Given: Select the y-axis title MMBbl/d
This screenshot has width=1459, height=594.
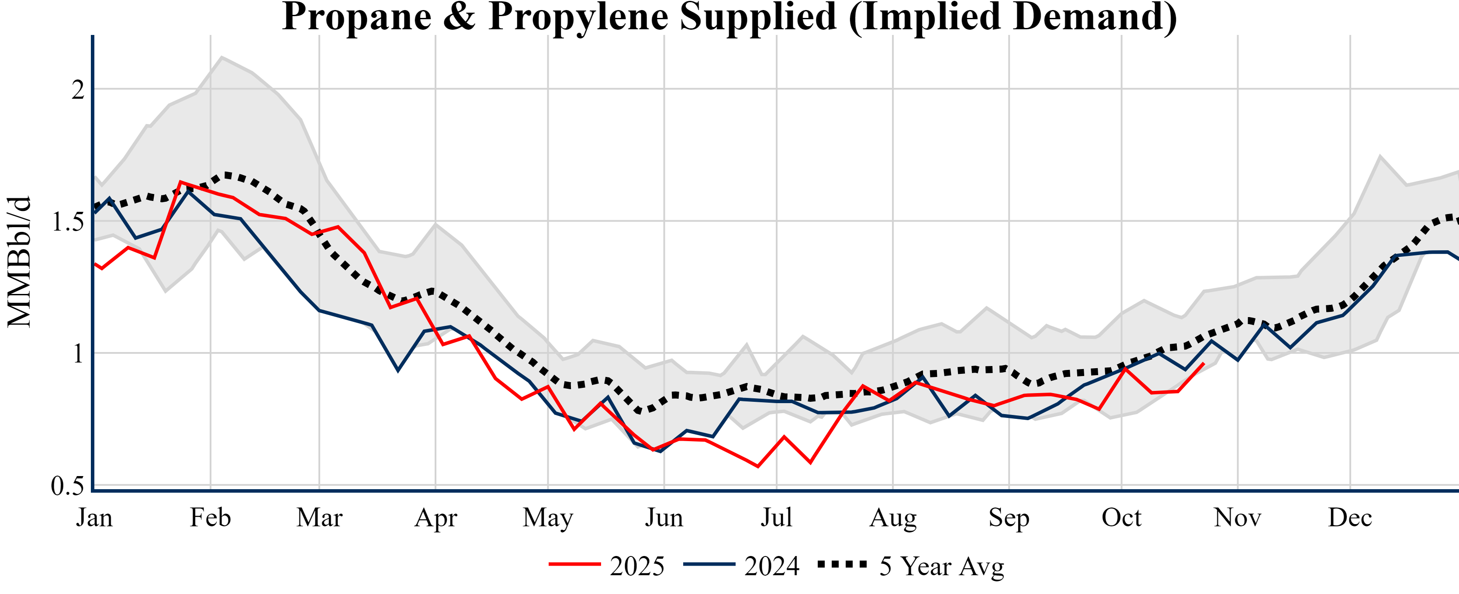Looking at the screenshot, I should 19,262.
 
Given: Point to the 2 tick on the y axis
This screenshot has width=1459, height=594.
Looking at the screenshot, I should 78,90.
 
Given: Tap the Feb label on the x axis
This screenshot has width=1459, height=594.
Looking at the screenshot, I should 210,518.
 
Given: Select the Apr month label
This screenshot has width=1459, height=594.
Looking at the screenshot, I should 435,518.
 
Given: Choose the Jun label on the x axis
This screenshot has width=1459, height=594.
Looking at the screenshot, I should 664,518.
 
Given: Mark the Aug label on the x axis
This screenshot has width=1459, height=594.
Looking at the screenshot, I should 892,518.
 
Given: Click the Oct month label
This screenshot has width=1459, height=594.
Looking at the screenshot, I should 1121,518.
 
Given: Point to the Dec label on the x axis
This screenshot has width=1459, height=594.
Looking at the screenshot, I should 1350,518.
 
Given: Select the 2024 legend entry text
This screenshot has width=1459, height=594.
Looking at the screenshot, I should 771,566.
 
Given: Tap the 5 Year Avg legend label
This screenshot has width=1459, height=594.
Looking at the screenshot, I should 941,566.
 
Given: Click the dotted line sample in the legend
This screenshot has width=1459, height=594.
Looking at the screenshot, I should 842,564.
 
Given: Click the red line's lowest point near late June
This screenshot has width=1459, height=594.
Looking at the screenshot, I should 758,466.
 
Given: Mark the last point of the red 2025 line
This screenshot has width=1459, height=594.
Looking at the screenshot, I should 1203,363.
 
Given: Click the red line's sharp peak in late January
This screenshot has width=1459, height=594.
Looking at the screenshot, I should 180,182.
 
